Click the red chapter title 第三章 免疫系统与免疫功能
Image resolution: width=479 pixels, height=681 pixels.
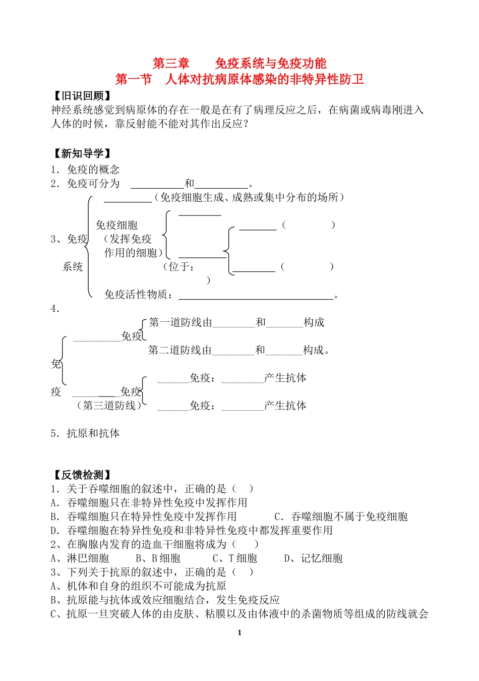[x=239, y=64]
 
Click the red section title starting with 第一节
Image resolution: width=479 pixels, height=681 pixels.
[x=239, y=79]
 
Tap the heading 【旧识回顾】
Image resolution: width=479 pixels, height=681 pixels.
[x=82, y=96]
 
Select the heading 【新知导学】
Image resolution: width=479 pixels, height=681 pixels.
[x=82, y=154]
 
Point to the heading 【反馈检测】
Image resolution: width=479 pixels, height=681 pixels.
[x=82, y=475]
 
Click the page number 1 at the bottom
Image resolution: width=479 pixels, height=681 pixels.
[x=239, y=633]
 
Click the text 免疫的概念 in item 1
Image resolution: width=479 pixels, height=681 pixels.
[x=93, y=169]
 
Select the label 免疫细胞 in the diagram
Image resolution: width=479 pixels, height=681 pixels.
[x=116, y=225]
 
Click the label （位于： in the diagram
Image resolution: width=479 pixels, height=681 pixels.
[x=179, y=267]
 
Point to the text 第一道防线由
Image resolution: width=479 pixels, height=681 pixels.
[x=181, y=323]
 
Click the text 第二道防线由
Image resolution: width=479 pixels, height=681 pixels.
[x=180, y=351]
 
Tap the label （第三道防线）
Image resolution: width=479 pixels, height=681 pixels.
[x=109, y=406]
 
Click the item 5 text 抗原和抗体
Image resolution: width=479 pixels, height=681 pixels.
[x=93, y=433]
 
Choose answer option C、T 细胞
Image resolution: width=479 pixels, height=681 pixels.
[x=235, y=558]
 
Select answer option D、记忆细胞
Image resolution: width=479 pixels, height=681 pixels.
[x=314, y=558]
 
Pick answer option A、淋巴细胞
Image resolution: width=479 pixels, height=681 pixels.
[x=80, y=558]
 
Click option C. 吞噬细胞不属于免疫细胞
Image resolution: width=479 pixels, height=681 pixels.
[x=341, y=517]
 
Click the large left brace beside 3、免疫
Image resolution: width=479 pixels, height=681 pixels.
[x=89, y=246]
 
